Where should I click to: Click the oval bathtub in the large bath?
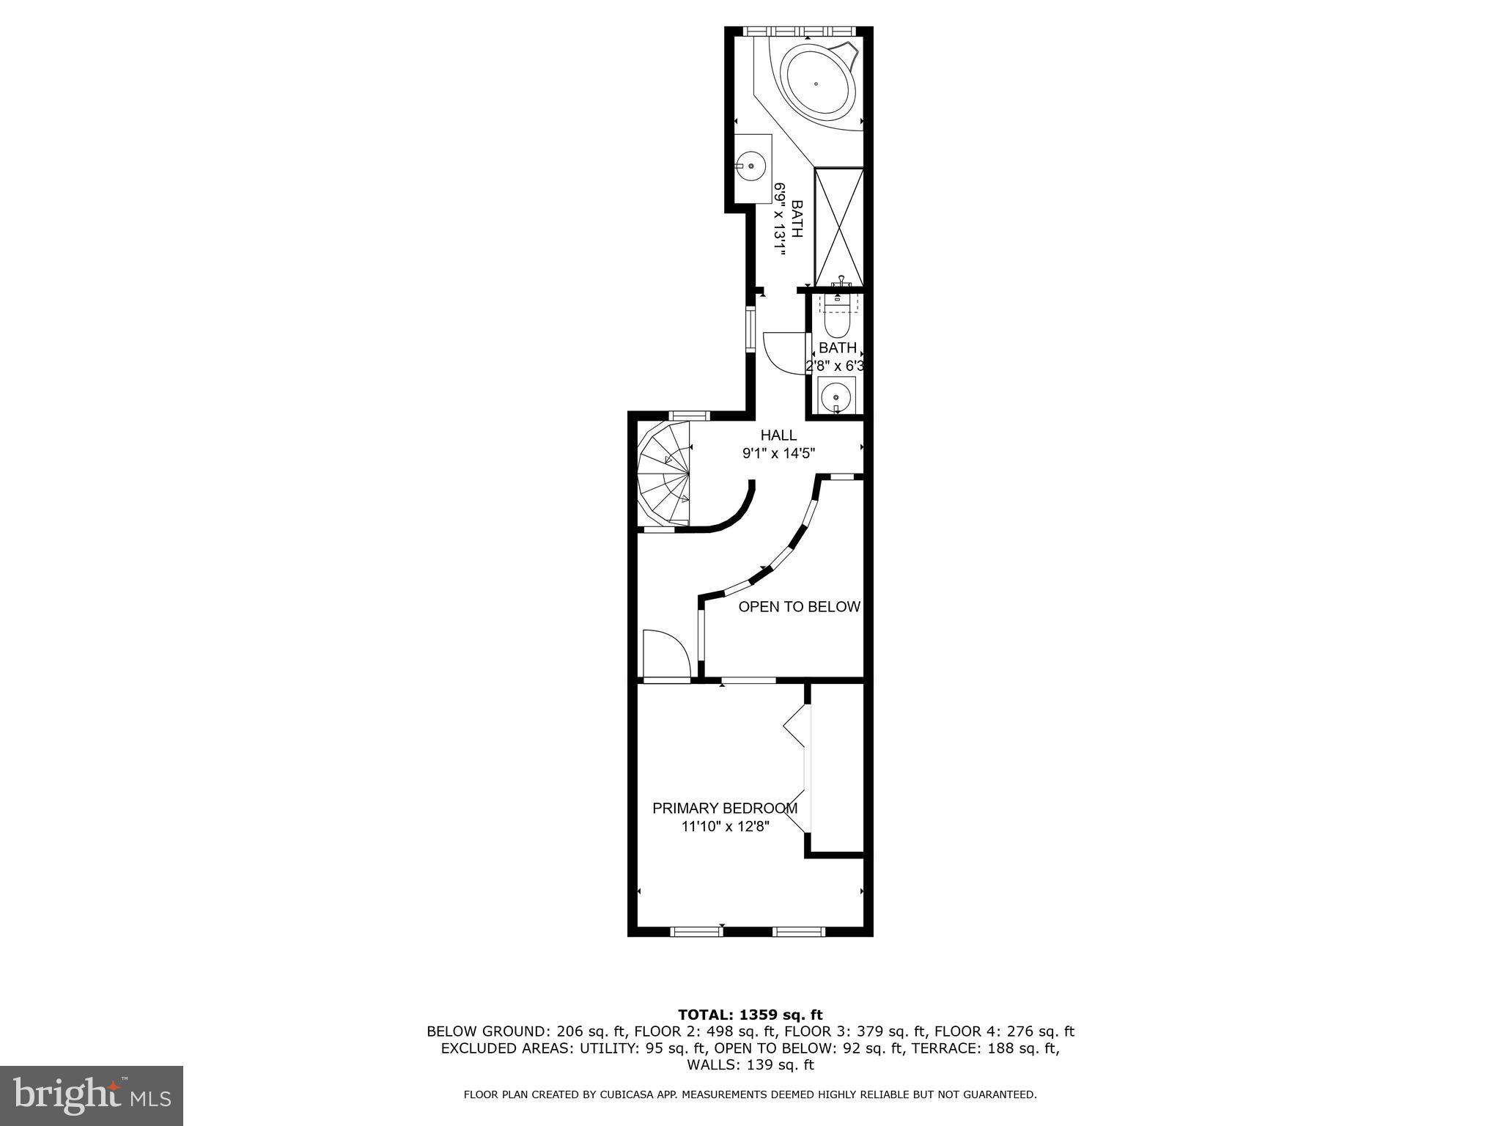817,82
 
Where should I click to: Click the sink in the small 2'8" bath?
836,397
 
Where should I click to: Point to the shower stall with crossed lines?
839,227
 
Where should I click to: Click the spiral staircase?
664,476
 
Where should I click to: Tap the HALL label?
778,435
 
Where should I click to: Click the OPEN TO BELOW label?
799,607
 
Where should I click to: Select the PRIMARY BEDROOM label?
725,809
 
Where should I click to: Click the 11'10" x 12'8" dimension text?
725,827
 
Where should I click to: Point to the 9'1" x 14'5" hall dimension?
778,454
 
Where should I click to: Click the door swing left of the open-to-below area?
665,654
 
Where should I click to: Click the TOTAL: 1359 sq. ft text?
750,1015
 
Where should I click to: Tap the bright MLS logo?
92,1096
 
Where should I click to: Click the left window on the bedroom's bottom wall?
696,932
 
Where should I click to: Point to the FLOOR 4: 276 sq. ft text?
1004,1031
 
